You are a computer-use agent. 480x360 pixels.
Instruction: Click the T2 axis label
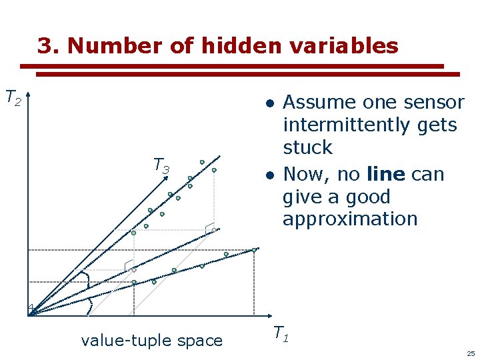(13, 98)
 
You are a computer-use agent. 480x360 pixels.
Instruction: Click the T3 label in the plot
(161, 165)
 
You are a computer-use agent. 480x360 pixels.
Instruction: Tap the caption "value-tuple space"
(151, 341)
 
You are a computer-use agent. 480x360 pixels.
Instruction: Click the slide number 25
(471, 353)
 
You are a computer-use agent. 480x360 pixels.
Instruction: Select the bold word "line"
(385, 175)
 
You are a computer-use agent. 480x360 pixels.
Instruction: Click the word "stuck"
(307, 147)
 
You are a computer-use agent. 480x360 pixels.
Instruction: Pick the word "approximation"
(349, 219)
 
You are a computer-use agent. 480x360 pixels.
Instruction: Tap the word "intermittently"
(370, 125)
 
